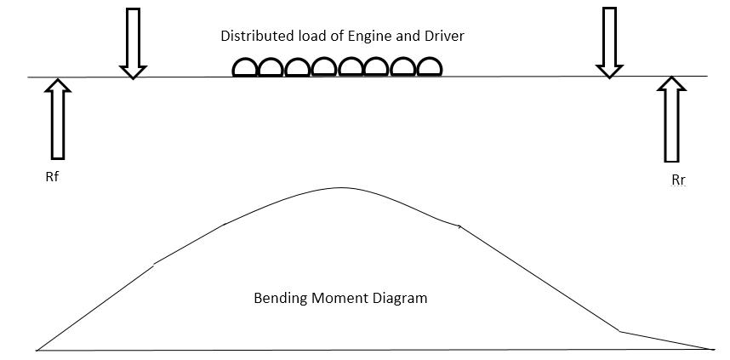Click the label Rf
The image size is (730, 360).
click(53, 179)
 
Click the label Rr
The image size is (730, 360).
click(678, 180)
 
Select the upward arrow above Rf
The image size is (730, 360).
click(58, 119)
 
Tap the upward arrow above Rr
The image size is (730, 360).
click(672, 119)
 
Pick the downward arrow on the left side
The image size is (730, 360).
click(132, 43)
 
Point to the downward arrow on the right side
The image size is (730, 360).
click(608, 43)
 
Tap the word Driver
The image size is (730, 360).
click(444, 37)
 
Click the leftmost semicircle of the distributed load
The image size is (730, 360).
click(245, 68)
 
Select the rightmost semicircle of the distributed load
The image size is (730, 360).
click(429, 67)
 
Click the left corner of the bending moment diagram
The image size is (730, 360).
click(37, 349)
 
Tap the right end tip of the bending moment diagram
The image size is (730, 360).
click(713, 349)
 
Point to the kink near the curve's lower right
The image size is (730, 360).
click(619, 331)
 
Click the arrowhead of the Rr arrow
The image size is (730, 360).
click(672, 83)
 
